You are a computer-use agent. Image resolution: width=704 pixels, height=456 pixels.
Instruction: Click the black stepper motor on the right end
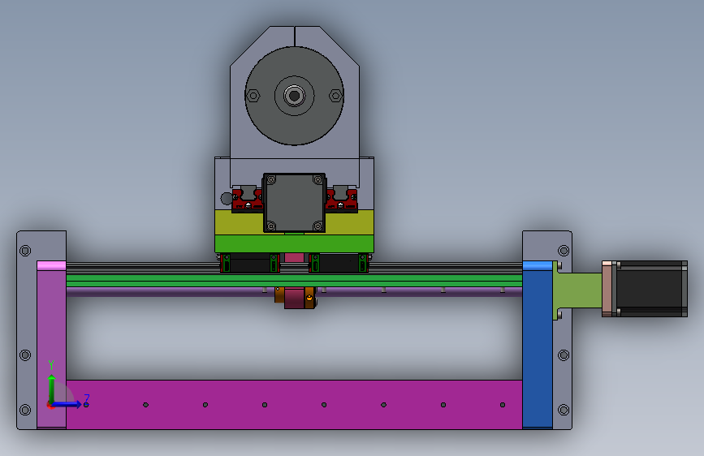651,289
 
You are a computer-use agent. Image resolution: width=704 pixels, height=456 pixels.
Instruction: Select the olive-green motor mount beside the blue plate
578,290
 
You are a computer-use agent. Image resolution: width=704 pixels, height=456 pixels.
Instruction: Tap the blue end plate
538,345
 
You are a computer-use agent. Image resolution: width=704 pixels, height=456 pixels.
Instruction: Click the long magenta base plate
294,404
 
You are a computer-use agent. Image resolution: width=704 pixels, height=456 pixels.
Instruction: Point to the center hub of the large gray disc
295,96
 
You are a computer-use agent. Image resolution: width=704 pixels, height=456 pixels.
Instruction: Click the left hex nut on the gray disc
253,96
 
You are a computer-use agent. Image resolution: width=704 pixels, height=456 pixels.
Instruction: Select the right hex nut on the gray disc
336,96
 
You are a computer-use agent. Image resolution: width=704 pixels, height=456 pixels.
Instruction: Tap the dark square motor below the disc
295,203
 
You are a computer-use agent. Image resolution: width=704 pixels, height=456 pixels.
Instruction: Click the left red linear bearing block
248,200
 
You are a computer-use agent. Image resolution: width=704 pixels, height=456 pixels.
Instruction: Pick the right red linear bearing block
342,200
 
